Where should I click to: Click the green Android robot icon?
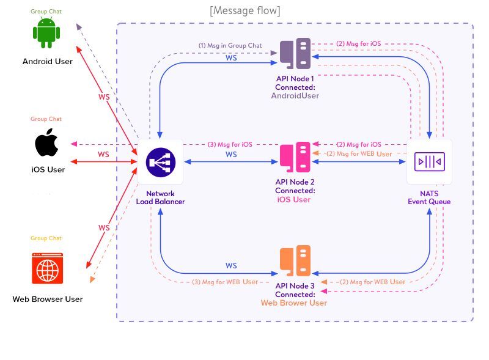coord(46,33)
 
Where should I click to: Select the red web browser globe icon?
coord(48,268)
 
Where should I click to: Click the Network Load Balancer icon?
coord(161,162)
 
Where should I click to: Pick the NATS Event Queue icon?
coord(429,162)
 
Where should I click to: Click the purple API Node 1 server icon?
coord(295,54)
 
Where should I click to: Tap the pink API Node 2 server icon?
coord(295,158)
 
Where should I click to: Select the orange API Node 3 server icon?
coord(295,261)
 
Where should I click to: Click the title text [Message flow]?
coord(244,10)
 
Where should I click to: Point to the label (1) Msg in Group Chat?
coord(230,45)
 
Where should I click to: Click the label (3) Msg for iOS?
coord(230,144)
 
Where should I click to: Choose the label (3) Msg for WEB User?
coord(225,282)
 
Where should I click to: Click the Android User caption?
coord(47,61)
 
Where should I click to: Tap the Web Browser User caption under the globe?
coord(47,299)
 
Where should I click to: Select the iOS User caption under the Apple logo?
coord(48,169)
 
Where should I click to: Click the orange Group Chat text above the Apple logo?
coord(46,119)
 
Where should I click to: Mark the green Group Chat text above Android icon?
coord(46,12)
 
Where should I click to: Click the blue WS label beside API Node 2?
coord(231,155)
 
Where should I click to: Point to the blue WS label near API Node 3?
coord(231,266)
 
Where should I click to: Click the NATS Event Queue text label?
coord(429,197)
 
